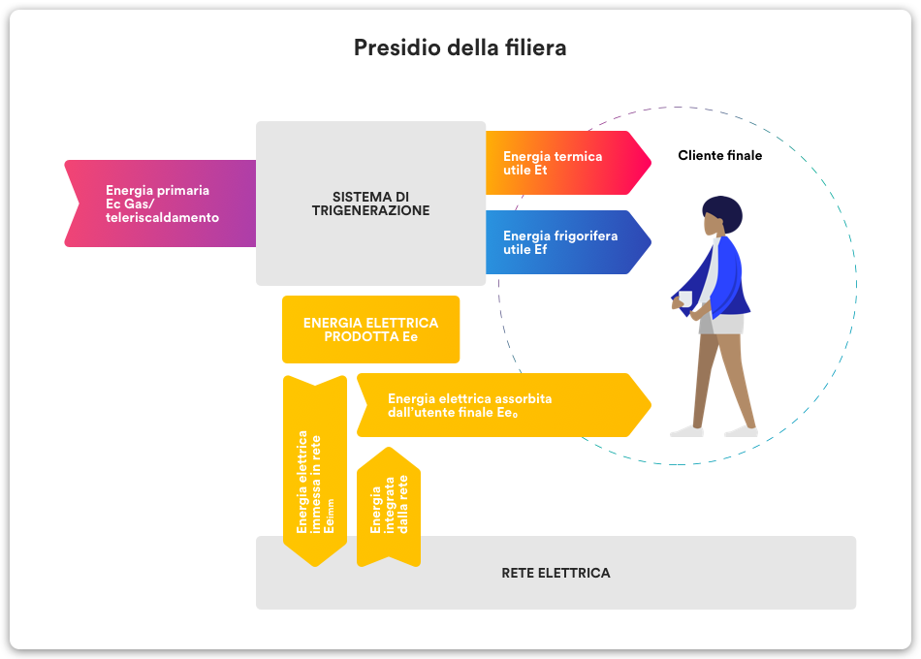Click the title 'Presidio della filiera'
pyautogui.click(x=460, y=47)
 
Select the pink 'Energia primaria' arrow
pyautogui.click(x=160, y=204)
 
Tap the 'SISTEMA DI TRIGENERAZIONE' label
pyautogui.click(x=370, y=204)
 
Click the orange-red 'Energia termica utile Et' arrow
pyautogui.click(x=568, y=163)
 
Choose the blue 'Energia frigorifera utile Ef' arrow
pyautogui.click(x=568, y=242)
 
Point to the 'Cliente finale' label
pyautogui.click(x=720, y=156)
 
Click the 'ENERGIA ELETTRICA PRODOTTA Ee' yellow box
pyautogui.click(x=370, y=329)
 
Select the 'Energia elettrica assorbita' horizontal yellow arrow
pyautogui.click(x=504, y=405)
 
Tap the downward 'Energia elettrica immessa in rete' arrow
pyautogui.click(x=315, y=471)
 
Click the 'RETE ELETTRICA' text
pyautogui.click(x=556, y=573)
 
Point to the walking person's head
pyautogui.click(x=722, y=215)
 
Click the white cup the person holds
pyautogui.click(x=684, y=298)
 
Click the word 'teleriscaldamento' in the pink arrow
pyautogui.click(x=162, y=217)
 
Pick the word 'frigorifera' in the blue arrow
pyautogui.click(x=585, y=235)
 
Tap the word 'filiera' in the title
pyautogui.click(x=536, y=47)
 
